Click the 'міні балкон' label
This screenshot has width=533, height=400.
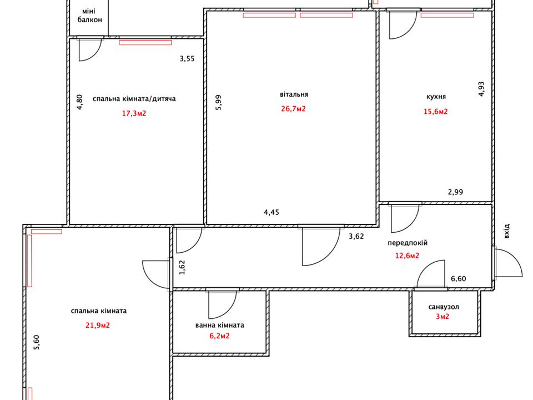click(x=90, y=16)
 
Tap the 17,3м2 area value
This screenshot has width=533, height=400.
click(x=134, y=113)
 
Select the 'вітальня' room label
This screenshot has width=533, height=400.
click(x=294, y=94)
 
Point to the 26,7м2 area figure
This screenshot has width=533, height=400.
click(x=293, y=109)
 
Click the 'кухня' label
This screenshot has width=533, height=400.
click(x=436, y=97)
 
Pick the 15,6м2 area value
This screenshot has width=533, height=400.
click(x=435, y=111)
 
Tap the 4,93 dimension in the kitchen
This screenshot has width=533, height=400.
click(x=481, y=89)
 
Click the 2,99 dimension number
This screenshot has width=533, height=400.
click(x=455, y=192)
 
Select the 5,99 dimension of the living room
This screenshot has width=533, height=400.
click(x=218, y=102)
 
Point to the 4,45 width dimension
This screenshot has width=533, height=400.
click(x=271, y=213)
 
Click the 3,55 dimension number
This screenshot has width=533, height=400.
click(x=187, y=59)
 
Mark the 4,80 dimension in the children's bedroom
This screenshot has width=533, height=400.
click(x=79, y=102)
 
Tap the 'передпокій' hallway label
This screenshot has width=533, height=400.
click(x=408, y=243)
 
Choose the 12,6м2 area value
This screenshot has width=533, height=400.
click(x=407, y=256)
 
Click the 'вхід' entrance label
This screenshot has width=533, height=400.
click(x=506, y=231)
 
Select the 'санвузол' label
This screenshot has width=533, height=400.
click(x=444, y=307)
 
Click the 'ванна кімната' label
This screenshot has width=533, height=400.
click(x=220, y=325)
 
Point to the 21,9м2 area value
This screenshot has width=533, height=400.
click(x=98, y=326)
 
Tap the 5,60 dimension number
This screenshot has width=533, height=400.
click(x=37, y=343)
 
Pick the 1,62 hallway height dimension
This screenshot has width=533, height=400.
click(x=182, y=267)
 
